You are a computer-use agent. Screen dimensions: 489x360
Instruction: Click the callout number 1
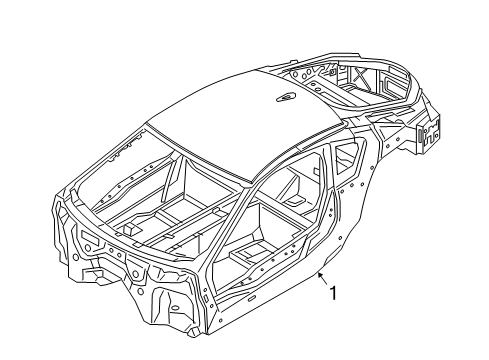point(333,293)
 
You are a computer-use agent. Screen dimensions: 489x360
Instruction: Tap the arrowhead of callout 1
point(320,275)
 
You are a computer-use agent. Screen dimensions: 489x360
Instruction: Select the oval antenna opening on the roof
point(286,97)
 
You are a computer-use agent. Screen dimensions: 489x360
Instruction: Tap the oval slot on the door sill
point(252,298)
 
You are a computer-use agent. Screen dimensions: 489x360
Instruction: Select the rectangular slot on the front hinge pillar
point(206,298)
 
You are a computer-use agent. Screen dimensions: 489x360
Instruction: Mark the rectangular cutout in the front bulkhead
point(89,239)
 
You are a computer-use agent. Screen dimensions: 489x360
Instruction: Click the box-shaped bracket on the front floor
point(131,229)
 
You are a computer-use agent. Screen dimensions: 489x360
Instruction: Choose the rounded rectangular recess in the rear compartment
point(392,83)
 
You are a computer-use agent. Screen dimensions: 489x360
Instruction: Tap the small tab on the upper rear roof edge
point(292,62)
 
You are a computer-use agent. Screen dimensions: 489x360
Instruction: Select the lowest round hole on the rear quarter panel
point(340,238)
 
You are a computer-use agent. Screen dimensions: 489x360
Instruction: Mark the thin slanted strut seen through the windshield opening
point(169,180)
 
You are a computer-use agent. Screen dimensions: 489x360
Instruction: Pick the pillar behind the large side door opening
point(334,207)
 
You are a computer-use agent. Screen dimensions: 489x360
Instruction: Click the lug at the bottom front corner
point(194,332)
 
